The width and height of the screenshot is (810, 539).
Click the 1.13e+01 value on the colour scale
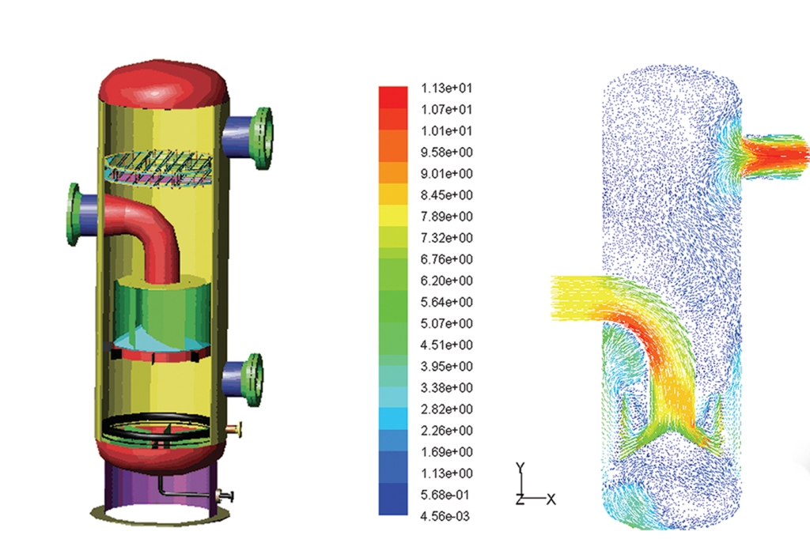pyautogui.click(x=446, y=89)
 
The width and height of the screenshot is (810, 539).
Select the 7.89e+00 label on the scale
pyautogui.click(x=446, y=217)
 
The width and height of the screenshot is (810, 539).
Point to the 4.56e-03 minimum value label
pyautogui.click(x=445, y=516)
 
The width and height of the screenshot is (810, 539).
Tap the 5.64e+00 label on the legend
pyautogui.click(x=446, y=302)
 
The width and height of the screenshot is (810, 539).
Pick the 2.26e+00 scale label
pyautogui.click(x=446, y=431)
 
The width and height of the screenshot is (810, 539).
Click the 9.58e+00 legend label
pyautogui.click(x=446, y=153)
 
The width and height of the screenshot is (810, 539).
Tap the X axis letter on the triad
pyautogui.click(x=551, y=499)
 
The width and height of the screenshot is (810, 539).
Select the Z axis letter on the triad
pyautogui.click(x=520, y=499)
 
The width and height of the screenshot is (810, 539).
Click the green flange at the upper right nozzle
pyautogui.click(x=263, y=138)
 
